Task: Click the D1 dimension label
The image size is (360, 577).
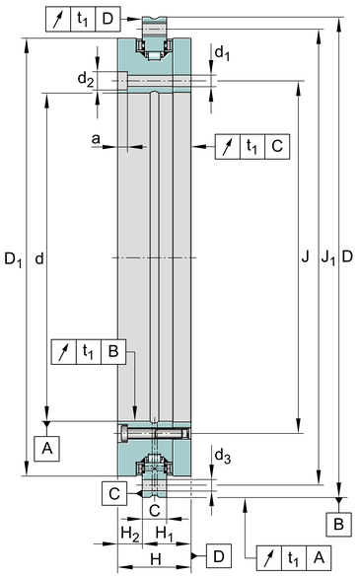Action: (13, 259)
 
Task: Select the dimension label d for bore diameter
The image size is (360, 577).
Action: (39, 259)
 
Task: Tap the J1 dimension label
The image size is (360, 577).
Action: (328, 257)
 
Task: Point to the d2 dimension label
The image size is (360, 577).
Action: (86, 79)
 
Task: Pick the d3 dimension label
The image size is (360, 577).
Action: (222, 457)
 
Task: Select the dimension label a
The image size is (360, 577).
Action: (96, 139)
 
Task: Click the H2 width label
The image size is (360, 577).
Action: (130, 534)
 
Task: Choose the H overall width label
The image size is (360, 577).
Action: (156, 559)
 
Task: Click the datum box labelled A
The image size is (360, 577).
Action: (46, 449)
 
